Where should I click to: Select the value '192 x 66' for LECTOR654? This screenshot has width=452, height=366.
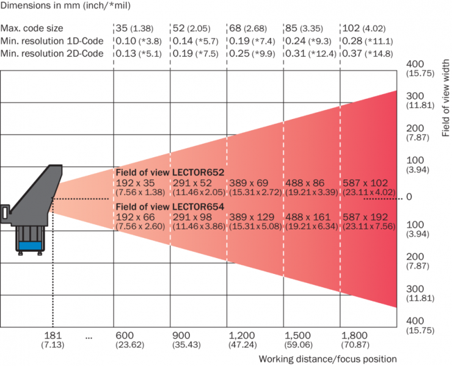point(135,217)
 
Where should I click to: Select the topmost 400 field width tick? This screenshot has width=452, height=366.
point(415,64)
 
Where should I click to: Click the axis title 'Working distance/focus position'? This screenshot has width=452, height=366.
point(327,359)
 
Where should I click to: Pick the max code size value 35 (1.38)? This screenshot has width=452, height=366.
point(134,28)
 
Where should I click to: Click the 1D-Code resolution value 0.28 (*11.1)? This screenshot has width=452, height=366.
point(368,41)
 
